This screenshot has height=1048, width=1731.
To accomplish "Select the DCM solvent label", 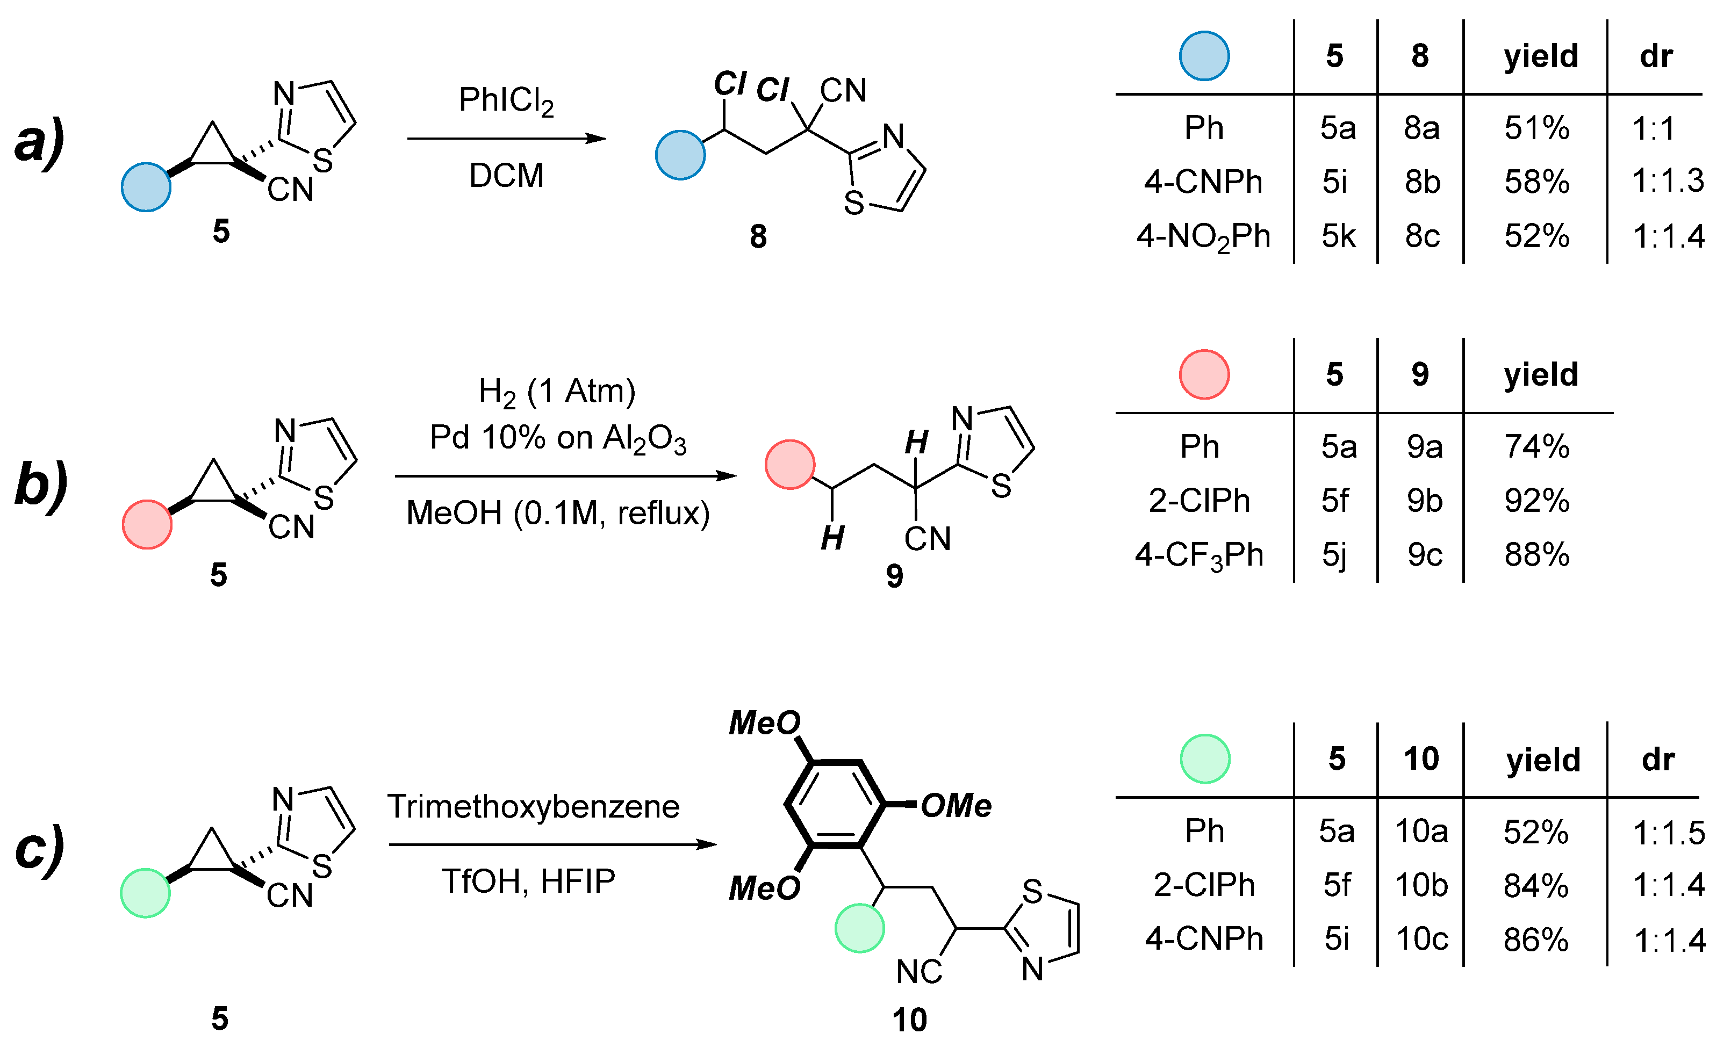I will pyautogui.click(x=506, y=176).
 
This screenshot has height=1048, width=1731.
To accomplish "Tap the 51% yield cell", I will pyautogui.click(x=1536, y=128).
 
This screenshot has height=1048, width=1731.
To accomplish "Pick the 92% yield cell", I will pyautogui.click(x=1536, y=501).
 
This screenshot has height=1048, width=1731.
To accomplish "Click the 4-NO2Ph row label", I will pyautogui.click(x=1203, y=237).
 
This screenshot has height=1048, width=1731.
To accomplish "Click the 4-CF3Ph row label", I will pyautogui.click(x=1198, y=555).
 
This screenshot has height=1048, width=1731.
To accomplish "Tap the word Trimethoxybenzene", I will pyautogui.click(x=533, y=806).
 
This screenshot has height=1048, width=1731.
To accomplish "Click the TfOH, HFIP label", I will pyautogui.click(x=528, y=881).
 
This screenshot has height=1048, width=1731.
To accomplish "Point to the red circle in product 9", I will pyautogui.click(x=789, y=464).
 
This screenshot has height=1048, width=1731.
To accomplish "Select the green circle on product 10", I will pyautogui.click(x=858, y=928).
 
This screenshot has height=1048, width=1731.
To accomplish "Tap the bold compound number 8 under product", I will pyautogui.click(x=757, y=237).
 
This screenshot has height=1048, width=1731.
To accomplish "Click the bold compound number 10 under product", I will pyautogui.click(x=909, y=1020).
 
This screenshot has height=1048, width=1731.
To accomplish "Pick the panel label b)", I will pyautogui.click(x=41, y=485).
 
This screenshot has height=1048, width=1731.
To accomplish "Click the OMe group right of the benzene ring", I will pyautogui.click(x=955, y=806).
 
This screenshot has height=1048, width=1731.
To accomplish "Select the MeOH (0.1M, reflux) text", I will pyautogui.click(x=558, y=514).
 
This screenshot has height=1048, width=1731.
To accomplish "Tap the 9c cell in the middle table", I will pyautogui.click(x=1424, y=555).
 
